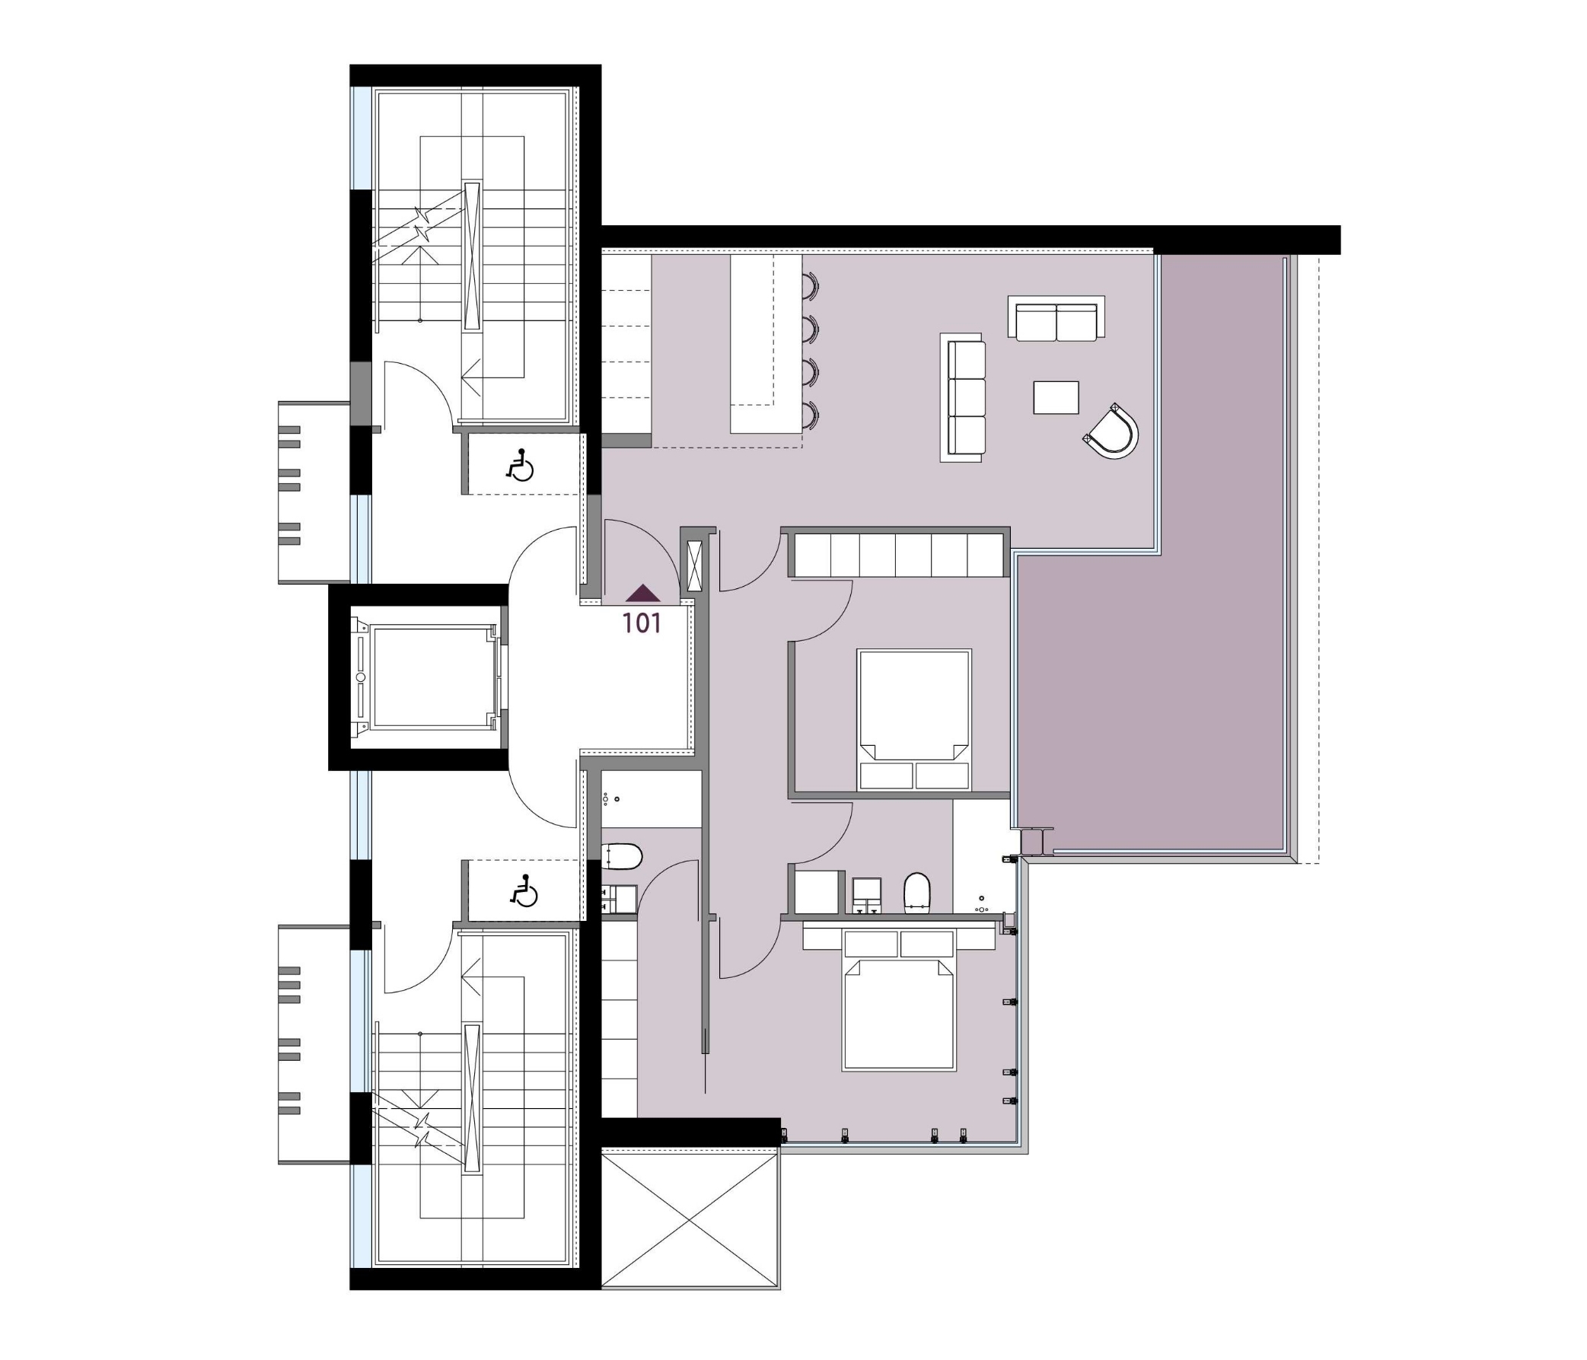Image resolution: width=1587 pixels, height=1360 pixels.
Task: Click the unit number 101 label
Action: pyautogui.click(x=642, y=623)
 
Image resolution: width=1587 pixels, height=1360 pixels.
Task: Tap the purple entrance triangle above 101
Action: pyautogui.click(x=642, y=593)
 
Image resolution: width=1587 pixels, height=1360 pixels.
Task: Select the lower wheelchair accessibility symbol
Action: pyautogui.click(x=524, y=890)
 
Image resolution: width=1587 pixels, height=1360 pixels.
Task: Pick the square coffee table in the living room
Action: pyautogui.click(x=1056, y=397)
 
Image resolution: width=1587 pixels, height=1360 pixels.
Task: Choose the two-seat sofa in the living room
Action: pyautogui.click(x=1056, y=317)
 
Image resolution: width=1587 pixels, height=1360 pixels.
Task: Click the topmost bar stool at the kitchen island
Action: pyautogui.click(x=811, y=286)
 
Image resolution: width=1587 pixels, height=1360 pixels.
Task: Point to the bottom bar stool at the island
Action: pyautogui.click(x=811, y=415)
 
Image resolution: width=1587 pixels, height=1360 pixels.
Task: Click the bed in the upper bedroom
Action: pyautogui.click(x=914, y=720)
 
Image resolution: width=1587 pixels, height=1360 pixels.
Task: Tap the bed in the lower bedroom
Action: pyautogui.click(x=898, y=1001)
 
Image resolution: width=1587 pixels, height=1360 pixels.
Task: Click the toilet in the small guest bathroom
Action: pyautogui.click(x=621, y=857)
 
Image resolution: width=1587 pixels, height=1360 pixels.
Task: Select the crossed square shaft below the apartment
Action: pyautogui.click(x=690, y=1220)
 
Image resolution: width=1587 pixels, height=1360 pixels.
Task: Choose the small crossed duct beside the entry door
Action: pyautogui.click(x=695, y=566)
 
